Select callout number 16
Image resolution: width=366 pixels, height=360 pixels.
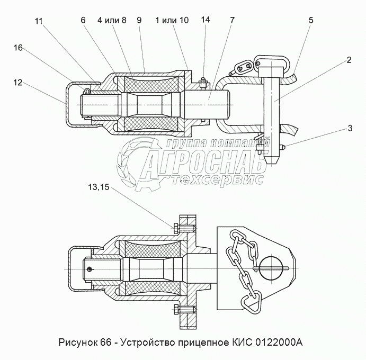[18, 48]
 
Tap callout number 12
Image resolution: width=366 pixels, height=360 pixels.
[17, 82]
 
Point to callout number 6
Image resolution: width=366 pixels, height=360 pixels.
[83, 20]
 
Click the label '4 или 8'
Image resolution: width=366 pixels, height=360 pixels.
[112, 20]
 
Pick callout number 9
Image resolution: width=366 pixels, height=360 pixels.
[139, 20]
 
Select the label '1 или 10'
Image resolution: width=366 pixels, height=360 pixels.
[173, 20]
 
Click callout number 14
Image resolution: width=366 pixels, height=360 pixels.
[206, 20]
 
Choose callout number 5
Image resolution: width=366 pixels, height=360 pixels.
[311, 20]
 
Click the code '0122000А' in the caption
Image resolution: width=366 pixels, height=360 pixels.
[280, 343]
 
